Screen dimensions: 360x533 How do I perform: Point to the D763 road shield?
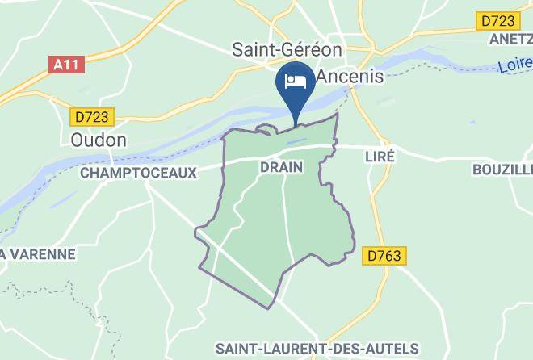click(x=384, y=255)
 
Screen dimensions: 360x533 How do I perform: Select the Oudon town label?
click(x=99, y=140)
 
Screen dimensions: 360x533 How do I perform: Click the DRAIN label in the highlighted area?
click(x=281, y=167)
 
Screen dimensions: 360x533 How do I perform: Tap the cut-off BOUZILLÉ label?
click(x=502, y=169)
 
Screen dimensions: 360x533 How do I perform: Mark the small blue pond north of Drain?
click(x=296, y=142)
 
